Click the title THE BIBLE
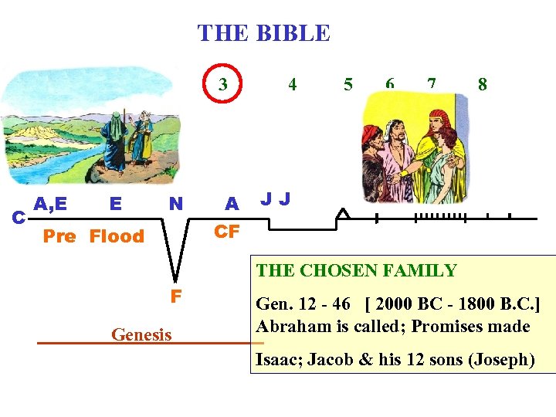click(x=263, y=33)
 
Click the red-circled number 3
click(x=223, y=84)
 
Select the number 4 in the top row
click(x=292, y=84)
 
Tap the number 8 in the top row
click(x=482, y=84)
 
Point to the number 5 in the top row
click(x=348, y=84)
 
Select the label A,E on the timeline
click(x=50, y=204)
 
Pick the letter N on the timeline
click(x=176, y=204)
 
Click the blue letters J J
click(x=276, y=200)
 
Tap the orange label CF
click(x=227, y=231)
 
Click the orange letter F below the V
click(x=177, y=295)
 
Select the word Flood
click(x=117, y=236)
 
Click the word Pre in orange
click(x=59, y=236)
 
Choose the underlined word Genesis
click(x=141, y=334)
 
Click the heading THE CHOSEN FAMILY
click(x=357, y=270)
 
